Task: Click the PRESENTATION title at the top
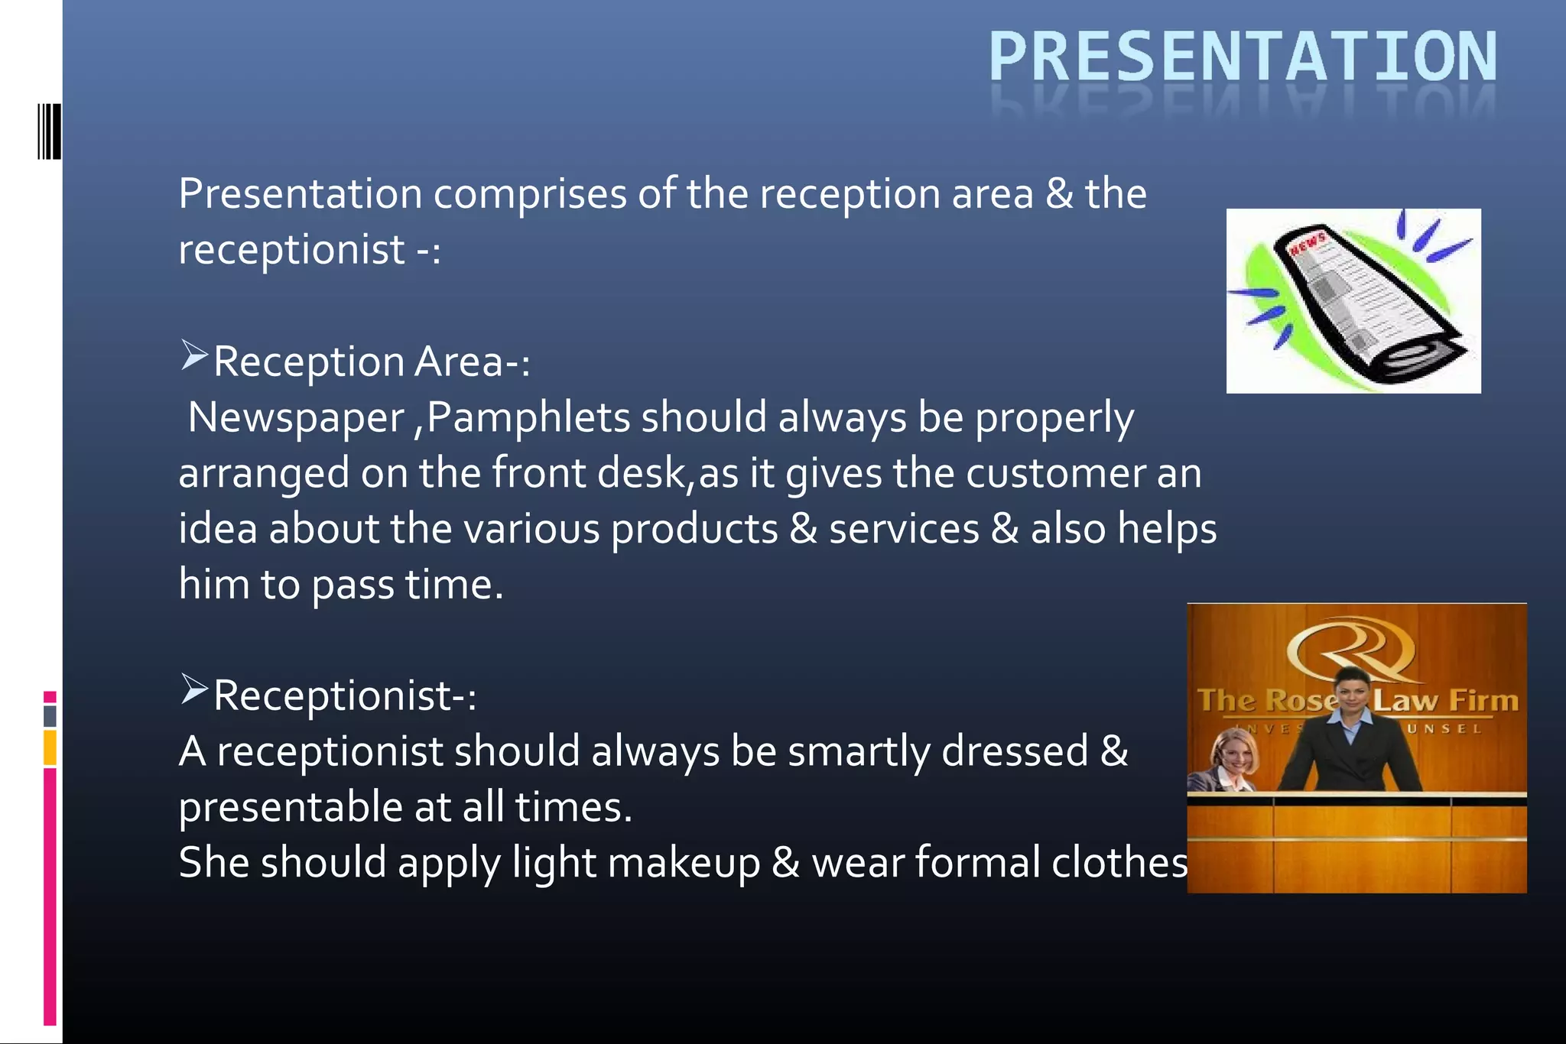(1243, 57)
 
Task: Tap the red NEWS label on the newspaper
(1308, 245)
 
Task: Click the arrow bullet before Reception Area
(194, 356)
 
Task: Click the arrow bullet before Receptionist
(194, 689)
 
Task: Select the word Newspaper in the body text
(296, 419)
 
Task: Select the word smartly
(858, 751)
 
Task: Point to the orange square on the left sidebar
(50, 747)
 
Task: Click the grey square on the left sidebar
(50, 716)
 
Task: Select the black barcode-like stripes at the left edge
(49, 131)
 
